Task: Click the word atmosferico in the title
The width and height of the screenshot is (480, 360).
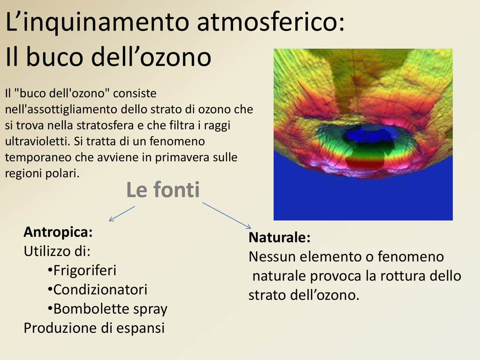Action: coord(270,22)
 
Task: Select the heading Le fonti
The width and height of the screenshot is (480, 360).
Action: coord(163,189)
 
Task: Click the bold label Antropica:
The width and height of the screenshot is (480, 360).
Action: coord(58,232)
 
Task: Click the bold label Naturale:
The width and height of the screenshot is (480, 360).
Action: coord(279,237)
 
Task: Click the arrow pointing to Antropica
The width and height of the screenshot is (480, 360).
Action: coord(122,214)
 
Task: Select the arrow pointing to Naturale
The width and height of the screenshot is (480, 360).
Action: coord(227,216)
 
